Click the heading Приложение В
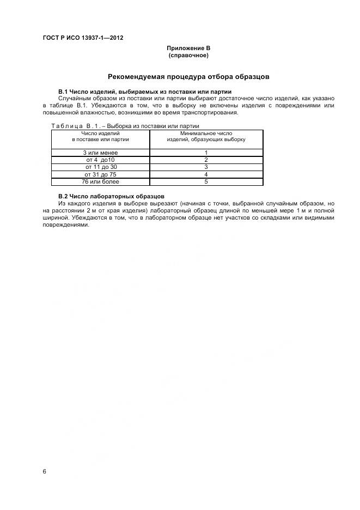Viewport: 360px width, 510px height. pyautogui.click(x=188, y=48)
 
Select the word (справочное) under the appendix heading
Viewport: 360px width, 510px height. pyautogui.click(x=188, y=56)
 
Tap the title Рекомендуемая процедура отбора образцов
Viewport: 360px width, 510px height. pyautogui.click(x=188, y=76)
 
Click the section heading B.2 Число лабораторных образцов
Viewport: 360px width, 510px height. pyautogui.click(x=111, y=196)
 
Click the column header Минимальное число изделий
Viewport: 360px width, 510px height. pyautogui.click(x=206, y=136)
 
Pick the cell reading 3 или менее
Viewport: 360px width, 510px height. pyautogui.click(x=100, y=153)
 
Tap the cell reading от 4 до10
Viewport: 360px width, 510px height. pyautogui.click(x=100, y=160)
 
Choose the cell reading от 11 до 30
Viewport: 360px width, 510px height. pyautogui.click(x=100, y=167)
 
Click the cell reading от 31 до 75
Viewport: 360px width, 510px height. pyautogui.click(x=100, y=174)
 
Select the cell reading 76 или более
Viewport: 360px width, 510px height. pyautogui.click(x=100, y=181)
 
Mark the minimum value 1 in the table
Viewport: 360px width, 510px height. pyautogui.click(x=206, y=153)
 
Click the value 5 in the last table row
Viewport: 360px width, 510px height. pyautogui.click(x=206, y=181)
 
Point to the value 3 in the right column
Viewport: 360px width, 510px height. pyautogui.click(x=206, y=167)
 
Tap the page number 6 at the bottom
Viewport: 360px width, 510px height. pyautogui.click(x=44, y=471)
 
